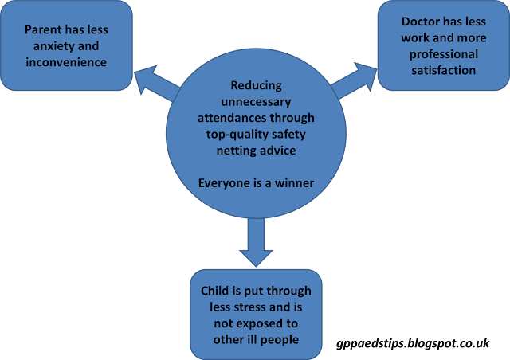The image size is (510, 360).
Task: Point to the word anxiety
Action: click(x=41, y=45)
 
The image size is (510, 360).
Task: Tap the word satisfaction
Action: click(x=445, y=70)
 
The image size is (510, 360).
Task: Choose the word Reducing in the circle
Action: click(x=256, y=85)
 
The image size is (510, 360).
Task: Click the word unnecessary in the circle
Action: click(x=256, y=101)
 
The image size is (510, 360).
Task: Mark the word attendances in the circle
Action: click(x=239, y=116)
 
